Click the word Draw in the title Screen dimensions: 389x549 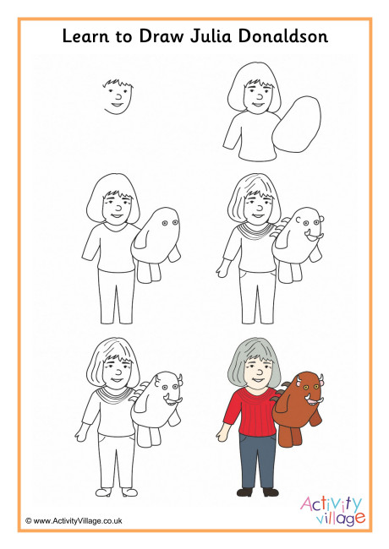click(162, 36)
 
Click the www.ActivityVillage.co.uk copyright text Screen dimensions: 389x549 click(74, 520)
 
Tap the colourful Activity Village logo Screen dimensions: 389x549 click(332, 510)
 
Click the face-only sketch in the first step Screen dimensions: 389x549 click(118, 96)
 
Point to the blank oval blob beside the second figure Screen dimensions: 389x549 click(297, 125)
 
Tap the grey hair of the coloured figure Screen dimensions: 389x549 click(254, 361)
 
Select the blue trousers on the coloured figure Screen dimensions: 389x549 click(258, 460)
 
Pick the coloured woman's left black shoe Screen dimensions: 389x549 click(244, 492)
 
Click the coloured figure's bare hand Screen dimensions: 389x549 click(222, 434)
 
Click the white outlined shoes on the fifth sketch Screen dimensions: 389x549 click(117, 492)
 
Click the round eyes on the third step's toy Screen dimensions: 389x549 click(170, 223)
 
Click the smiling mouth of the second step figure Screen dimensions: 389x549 click(258, 105)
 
